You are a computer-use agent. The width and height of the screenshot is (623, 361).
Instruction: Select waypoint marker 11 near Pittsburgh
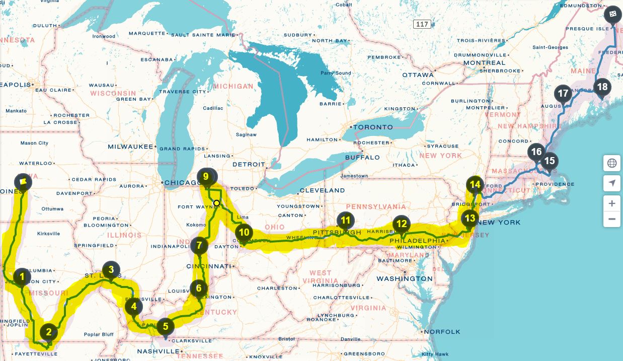(x=345, y=220)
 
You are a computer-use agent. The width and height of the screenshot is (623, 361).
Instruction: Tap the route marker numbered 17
(x=563, y=93)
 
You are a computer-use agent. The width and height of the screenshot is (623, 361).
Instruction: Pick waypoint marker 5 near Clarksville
(x=166, y=326)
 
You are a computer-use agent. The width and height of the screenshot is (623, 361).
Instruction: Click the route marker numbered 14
(x=475, y=184)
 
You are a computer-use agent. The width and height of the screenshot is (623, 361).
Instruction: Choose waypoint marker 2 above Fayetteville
(x=49, y=331)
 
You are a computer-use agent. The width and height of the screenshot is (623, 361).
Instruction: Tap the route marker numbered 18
(x=602, y=87)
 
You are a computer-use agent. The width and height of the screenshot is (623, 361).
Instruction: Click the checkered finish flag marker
(x=612, y=14)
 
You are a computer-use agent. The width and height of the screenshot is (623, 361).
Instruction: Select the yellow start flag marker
(x=23, y=181)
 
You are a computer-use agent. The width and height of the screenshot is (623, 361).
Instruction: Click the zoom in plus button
(x=612, y=204)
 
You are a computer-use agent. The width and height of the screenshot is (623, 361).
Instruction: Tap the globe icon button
(x=612, y=163)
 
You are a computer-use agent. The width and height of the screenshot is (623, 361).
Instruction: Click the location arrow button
(x=612, y=183)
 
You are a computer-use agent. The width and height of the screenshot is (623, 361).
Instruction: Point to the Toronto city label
(x=373, y=127)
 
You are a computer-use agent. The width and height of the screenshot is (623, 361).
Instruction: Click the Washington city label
(x=404, y=278)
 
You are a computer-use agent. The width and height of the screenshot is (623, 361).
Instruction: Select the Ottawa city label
(x=417, y=75)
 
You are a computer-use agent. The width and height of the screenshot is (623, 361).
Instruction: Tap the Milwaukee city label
(x=130, y=147)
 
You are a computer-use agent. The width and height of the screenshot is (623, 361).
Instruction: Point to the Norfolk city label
(x=443, y=332)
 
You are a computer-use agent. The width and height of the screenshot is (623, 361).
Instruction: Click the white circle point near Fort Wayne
(x=217, y=203)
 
